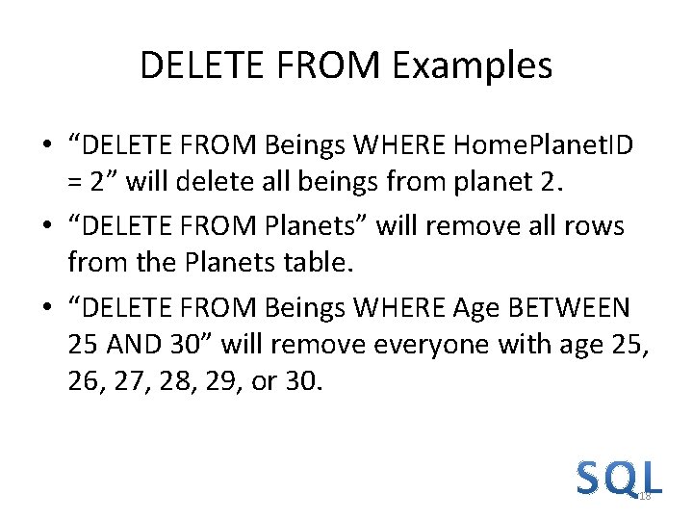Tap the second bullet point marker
point(46,226)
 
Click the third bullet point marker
point(46,309)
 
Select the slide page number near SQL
point(645,495)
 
